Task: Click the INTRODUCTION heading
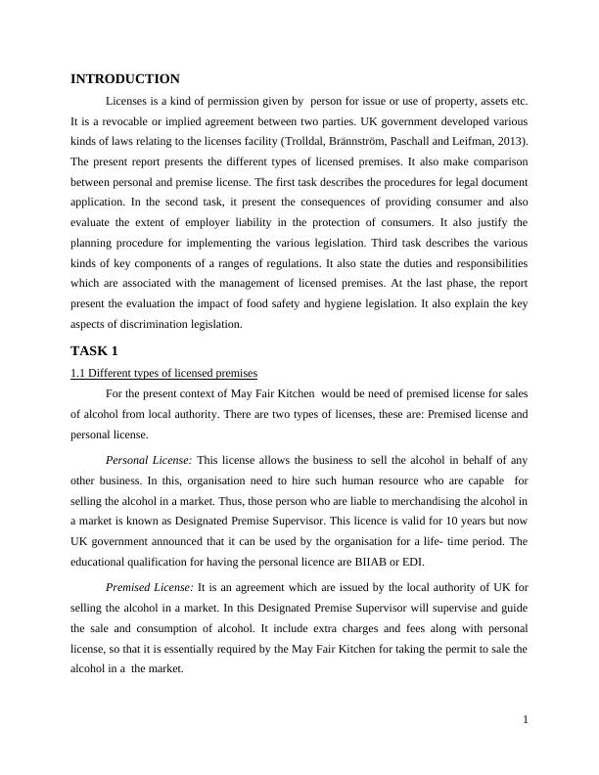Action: pos(124,79)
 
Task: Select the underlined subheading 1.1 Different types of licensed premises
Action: pos(163,373)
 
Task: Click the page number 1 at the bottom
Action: pos(526,721)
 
